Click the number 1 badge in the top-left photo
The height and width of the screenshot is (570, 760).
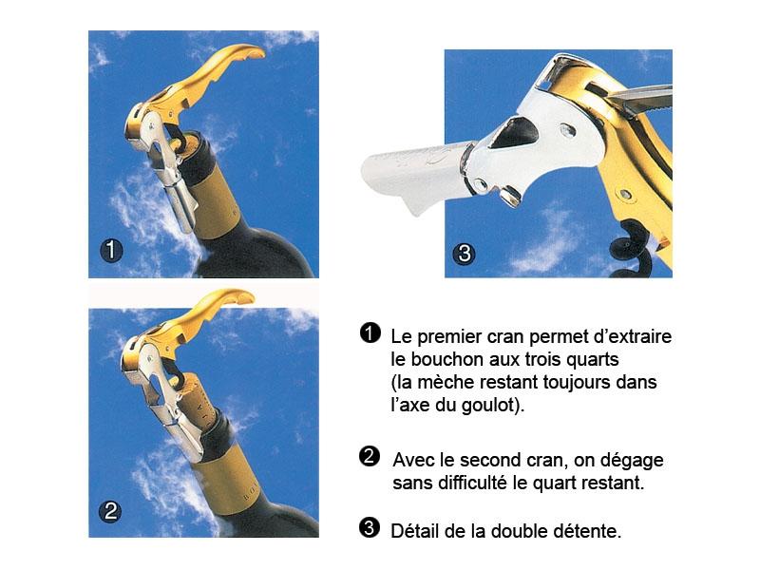111,250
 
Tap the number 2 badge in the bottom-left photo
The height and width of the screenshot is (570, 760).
110,511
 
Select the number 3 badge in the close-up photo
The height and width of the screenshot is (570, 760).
464,253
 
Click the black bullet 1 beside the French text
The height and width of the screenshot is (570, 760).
370,333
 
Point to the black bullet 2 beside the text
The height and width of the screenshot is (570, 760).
370,456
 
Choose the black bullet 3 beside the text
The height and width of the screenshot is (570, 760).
370,527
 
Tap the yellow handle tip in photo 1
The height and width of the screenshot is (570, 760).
252,51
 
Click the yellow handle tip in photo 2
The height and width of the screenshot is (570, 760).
240,295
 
